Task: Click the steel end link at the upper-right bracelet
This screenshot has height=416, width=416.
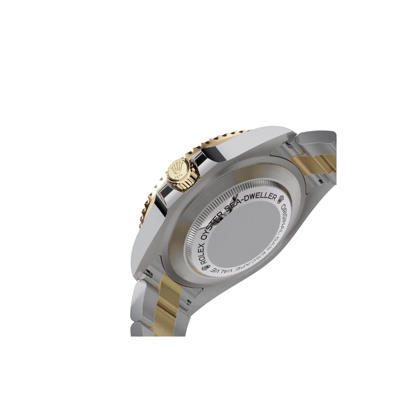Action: [x=318, y=137]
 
